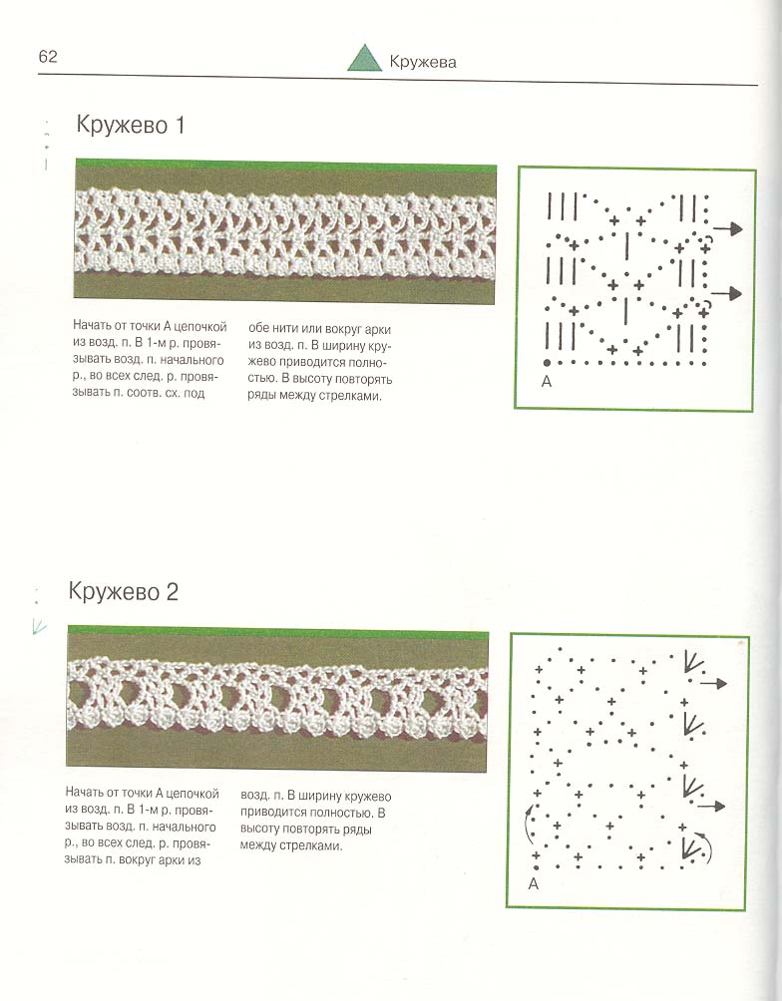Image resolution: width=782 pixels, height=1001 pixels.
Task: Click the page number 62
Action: pos(48,57)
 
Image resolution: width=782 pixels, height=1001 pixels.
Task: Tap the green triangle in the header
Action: pos(364,59)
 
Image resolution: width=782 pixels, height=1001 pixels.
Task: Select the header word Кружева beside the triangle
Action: pos(424,62)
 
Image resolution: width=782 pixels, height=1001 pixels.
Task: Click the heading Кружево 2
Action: pos(124,591)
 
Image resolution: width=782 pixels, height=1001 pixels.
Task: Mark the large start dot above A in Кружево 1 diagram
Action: pos(547,362)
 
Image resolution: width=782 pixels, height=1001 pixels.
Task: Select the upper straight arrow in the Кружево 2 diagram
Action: pos(713,683)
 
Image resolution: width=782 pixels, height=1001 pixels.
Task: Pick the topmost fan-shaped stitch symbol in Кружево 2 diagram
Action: pos(691,662)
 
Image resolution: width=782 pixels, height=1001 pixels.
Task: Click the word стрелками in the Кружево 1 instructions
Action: pos(351,396)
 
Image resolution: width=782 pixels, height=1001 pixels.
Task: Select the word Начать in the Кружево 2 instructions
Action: pos(86,793)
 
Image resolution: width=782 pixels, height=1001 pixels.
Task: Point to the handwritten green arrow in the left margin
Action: pos(39,626)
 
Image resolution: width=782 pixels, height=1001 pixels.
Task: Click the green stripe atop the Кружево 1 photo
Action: pos(285,169)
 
